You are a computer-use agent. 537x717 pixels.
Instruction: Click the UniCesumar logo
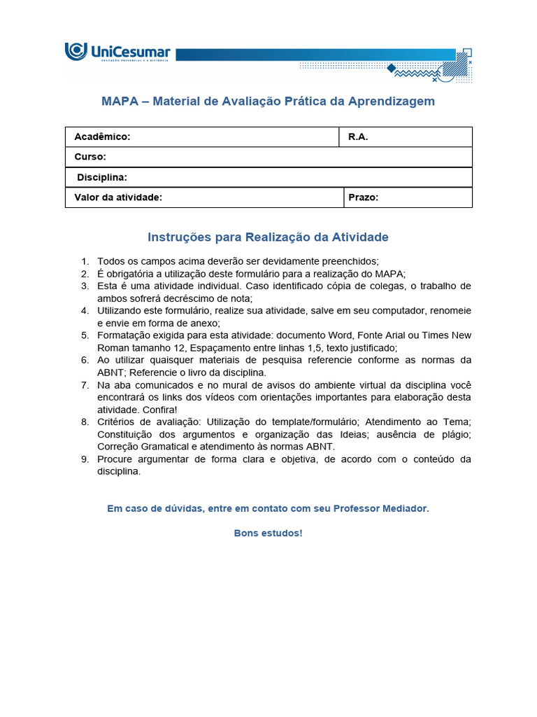point(117,53)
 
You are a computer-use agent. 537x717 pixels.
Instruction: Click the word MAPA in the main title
point(120,102)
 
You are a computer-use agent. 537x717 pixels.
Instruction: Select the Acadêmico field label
point(102,137)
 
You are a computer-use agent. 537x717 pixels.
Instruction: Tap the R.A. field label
point(358,137)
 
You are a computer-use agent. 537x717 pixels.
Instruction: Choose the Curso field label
point(90,157)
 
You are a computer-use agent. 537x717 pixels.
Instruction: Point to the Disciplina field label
point(102,178)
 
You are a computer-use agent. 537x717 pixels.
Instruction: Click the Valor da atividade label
point(118,197)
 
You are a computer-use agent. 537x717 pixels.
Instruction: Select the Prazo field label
point(363,197)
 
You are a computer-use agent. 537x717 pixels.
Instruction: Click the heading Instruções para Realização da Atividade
point(268,237)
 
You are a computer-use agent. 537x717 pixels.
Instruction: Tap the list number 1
point(84,261)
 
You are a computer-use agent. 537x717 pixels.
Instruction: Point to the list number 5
point(84,335)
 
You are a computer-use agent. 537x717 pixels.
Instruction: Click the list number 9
point(84,459)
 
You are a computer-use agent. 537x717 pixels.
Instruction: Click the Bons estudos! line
point(268,533)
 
